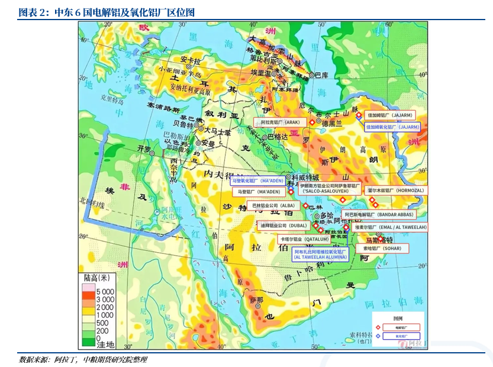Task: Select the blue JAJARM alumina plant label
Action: (392, 127)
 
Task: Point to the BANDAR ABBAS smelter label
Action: (379, 214)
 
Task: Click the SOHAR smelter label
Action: (385, 249)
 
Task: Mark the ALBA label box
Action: (273, 205)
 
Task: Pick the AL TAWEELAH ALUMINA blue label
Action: (320, 254)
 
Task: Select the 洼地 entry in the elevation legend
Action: (105, 344)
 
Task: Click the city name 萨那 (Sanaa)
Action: (256, 300)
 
